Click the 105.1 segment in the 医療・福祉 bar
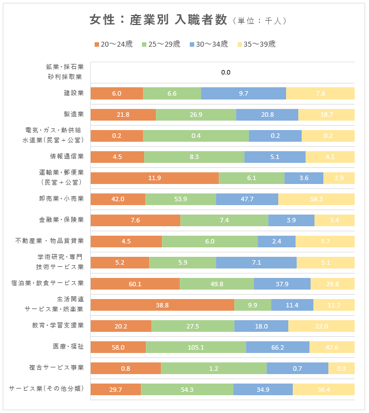(195, 347)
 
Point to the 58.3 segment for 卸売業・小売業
(316, 200)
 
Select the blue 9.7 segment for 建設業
(243, 93)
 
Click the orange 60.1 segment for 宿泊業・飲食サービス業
(135, 284)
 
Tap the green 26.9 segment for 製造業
(195, 115)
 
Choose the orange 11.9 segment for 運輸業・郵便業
(154, 178)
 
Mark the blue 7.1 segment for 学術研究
(256, 263)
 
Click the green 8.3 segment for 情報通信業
(194, 157)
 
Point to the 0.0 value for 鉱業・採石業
(225, 72)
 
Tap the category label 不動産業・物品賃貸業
(50, 241)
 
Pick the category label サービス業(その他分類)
(46, 389)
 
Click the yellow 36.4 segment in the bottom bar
(323, 390)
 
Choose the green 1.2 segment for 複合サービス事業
(213, 369)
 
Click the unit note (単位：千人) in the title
(259, 21)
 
